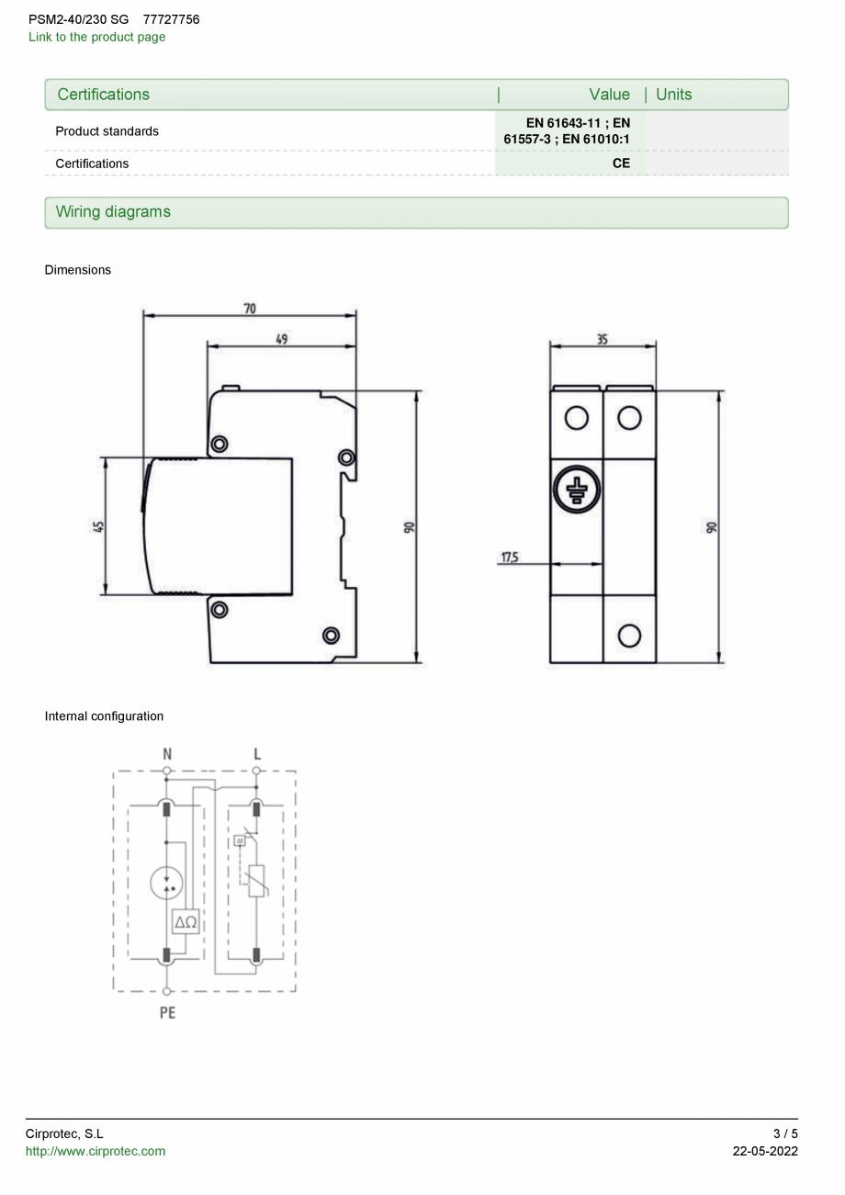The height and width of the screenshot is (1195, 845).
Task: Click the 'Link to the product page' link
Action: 96,38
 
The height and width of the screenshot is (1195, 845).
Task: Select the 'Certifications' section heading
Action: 103,95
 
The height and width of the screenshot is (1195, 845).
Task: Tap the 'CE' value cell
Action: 621,163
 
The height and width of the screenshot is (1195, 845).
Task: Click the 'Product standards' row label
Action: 107,131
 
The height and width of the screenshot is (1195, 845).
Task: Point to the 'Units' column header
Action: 674,95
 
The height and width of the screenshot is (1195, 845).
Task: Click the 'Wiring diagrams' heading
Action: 113,212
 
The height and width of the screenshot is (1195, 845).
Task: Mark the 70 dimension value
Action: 250,309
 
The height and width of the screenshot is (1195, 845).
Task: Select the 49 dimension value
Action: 282,339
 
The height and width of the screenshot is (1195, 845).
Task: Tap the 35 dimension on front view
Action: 603,339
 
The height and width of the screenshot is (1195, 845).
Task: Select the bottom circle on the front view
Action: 629,635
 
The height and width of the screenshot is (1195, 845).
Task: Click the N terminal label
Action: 166,753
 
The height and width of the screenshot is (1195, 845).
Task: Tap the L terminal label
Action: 256,753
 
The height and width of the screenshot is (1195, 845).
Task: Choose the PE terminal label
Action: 167,1013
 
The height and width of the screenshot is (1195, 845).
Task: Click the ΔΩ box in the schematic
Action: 185,921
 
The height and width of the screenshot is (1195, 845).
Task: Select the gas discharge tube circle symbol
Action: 166,884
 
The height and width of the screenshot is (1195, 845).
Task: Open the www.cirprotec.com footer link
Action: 96,1152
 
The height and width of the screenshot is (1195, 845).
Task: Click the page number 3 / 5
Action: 784,1133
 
